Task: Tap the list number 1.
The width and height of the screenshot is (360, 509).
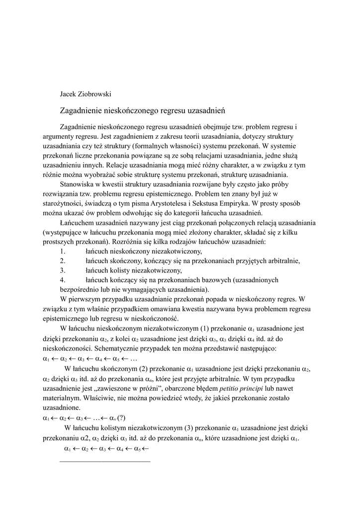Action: click(62, 251)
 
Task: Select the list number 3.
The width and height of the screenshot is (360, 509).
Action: click(62, 270)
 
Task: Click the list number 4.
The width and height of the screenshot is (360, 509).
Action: click(62, 280)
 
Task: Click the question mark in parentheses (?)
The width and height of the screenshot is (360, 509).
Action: click(121, 417)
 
